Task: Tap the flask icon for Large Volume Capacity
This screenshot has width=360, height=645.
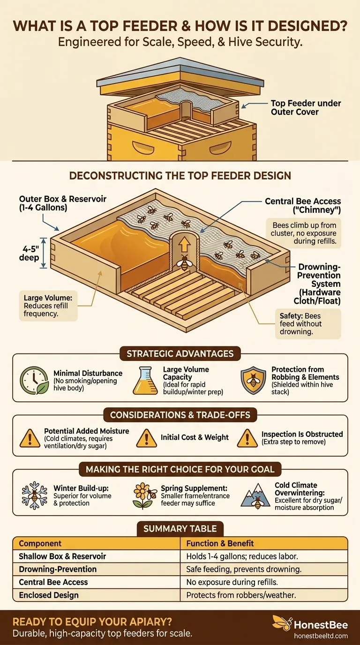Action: point(146,380)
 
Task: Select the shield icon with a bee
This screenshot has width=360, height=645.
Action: point(254,380)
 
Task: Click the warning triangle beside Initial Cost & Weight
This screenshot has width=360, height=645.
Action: point(146,438)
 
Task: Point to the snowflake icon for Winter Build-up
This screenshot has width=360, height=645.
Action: point(34,495)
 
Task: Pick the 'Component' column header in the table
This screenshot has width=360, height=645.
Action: point(40,543)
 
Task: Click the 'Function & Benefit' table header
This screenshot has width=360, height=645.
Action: point(220,543)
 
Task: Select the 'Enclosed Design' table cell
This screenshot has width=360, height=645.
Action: point(48,595)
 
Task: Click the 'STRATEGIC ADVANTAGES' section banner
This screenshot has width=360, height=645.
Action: point(180,354)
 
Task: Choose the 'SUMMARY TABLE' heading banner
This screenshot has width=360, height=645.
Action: point(180,528)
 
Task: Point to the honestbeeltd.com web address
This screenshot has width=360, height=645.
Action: point(321,636)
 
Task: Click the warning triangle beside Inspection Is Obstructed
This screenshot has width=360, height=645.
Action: point(247,438)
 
